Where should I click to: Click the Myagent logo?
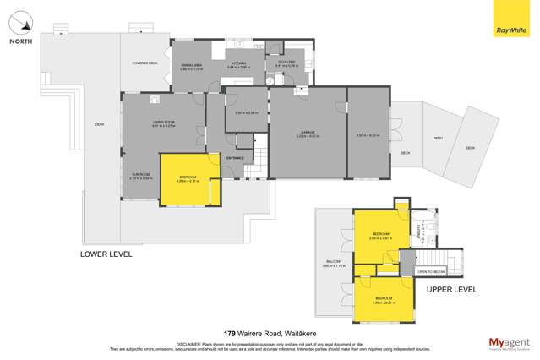508,343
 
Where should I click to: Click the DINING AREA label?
192,64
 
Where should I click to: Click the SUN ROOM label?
140,175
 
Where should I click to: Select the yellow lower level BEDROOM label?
187,177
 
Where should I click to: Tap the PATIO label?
438,138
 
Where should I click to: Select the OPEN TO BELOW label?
431,271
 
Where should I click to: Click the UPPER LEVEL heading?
451,289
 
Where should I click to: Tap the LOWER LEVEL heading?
106,253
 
